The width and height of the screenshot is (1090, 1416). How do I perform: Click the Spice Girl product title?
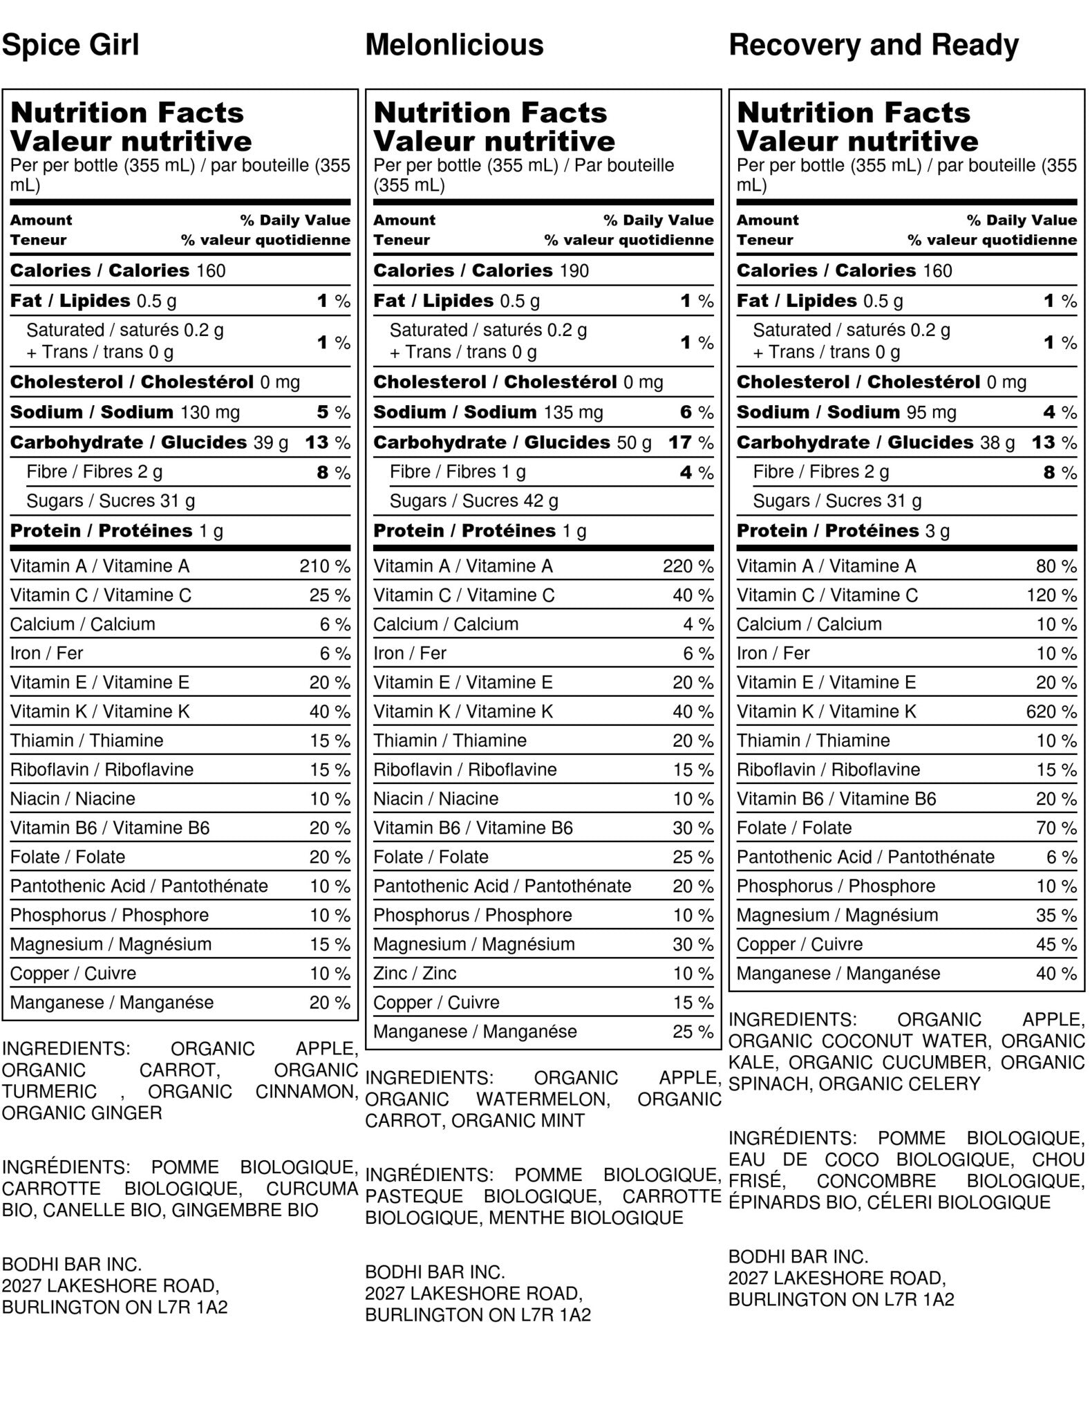click(x=71, y=45)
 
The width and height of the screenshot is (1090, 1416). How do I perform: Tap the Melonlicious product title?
click(x=454, y=45)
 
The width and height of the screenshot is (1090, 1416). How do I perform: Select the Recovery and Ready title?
click(x=874, y=45)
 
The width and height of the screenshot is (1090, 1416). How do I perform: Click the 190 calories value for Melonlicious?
click(x=574, y=270)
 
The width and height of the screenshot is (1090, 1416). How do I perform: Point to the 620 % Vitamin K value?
click(x=1051, y=711)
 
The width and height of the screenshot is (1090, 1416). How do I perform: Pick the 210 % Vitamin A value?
click(x=324, y=566)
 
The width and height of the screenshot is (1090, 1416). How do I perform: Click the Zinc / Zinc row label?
click(x=415, y=973)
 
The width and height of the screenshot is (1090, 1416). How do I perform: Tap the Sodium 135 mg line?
click(x=488, y=412)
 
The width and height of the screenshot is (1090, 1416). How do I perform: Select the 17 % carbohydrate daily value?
click(x=690, y=442)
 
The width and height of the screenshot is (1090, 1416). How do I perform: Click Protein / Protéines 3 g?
click(x=843, y=530)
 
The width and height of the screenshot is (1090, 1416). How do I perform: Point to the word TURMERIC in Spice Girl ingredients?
click(x=49, y=1091)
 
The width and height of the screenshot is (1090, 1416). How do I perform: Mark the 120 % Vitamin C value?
click(x=1051, y=595)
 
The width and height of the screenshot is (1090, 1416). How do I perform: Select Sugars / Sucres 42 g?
click(x=474, y=501)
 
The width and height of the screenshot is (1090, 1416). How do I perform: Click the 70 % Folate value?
click(x=1055, y=828)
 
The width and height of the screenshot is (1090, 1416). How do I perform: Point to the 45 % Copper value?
click(x=1055, y=944)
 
